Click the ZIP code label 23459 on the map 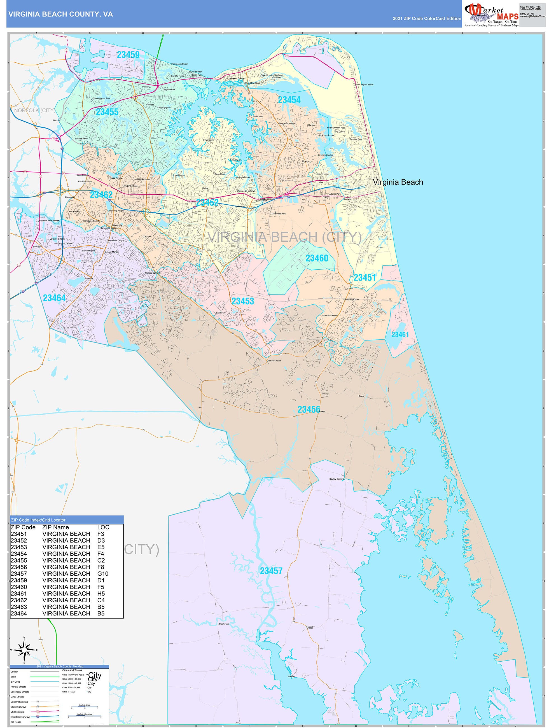(128, 55)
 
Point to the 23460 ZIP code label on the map (317, 258)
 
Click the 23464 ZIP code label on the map (54, 298)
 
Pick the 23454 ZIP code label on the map (289, 100)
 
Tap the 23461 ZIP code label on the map (400, 334)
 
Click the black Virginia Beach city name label (398, 182)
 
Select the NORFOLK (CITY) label (34, 110)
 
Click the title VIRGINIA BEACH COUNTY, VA (60, 14)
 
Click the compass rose (24, 650)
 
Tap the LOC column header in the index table (103, 527)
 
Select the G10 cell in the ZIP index (103, 574)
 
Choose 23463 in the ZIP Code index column (19, 606)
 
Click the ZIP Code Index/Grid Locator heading (38, 520)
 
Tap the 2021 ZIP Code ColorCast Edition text (427, 18)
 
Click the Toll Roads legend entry (16, 722)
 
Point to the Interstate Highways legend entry (20, 717)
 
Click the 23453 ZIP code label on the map (242, 301)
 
